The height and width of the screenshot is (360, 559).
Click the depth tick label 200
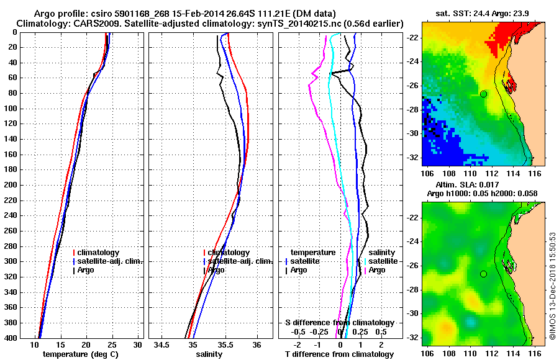point(10,185)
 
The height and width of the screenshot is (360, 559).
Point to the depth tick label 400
point(10,338)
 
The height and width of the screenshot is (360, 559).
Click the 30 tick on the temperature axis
point(137,344)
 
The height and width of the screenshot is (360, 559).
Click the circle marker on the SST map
point(483,94)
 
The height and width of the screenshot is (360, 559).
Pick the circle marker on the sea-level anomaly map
point(483,274)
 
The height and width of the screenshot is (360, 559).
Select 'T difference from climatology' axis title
point(339,354)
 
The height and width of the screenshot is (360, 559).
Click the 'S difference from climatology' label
point(339,323)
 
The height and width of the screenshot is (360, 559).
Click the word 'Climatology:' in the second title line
point(43,23)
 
